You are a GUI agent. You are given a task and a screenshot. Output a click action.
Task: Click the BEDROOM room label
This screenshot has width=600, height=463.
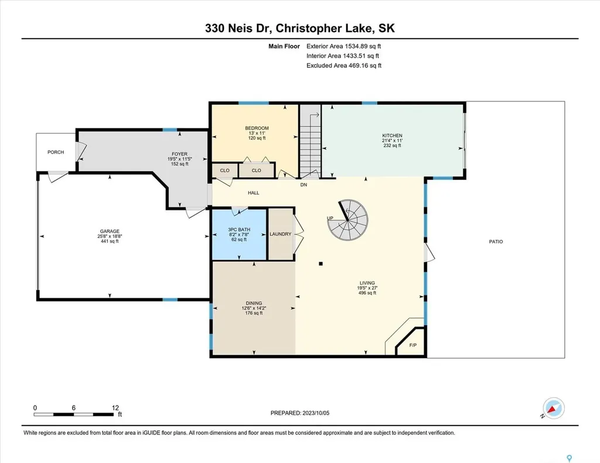pyautogui.click(x=257, y=128)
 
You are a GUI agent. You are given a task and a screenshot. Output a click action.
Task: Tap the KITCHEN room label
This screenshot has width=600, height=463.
pyautogui.click(x=392, y=136)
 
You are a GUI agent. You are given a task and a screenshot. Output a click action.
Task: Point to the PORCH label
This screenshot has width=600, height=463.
pyautogui.click(x=56, y=152)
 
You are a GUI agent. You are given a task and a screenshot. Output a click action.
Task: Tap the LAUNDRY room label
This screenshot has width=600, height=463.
pyautogui.click(x=281, y=234)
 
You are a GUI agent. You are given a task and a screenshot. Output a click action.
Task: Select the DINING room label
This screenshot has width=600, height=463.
pyautogui.click(x=254, y=303)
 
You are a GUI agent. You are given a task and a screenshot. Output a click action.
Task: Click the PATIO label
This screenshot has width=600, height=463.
pyautogui.click(x=496, y=241)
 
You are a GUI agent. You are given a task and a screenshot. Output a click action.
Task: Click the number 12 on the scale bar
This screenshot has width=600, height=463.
pyautogui.click(x=115, y=407)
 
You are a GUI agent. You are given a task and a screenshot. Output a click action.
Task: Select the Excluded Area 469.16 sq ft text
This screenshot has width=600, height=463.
pyautogui.click(x=343, y=66)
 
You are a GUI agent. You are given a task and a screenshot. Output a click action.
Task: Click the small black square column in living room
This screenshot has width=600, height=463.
pyautogui.click(x=321, y=264)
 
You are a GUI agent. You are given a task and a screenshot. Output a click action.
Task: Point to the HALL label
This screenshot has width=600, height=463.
pyautogui.click(x=253, y=193)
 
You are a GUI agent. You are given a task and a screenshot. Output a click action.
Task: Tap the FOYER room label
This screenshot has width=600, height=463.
pyautogui.click(x=179, y=154)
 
